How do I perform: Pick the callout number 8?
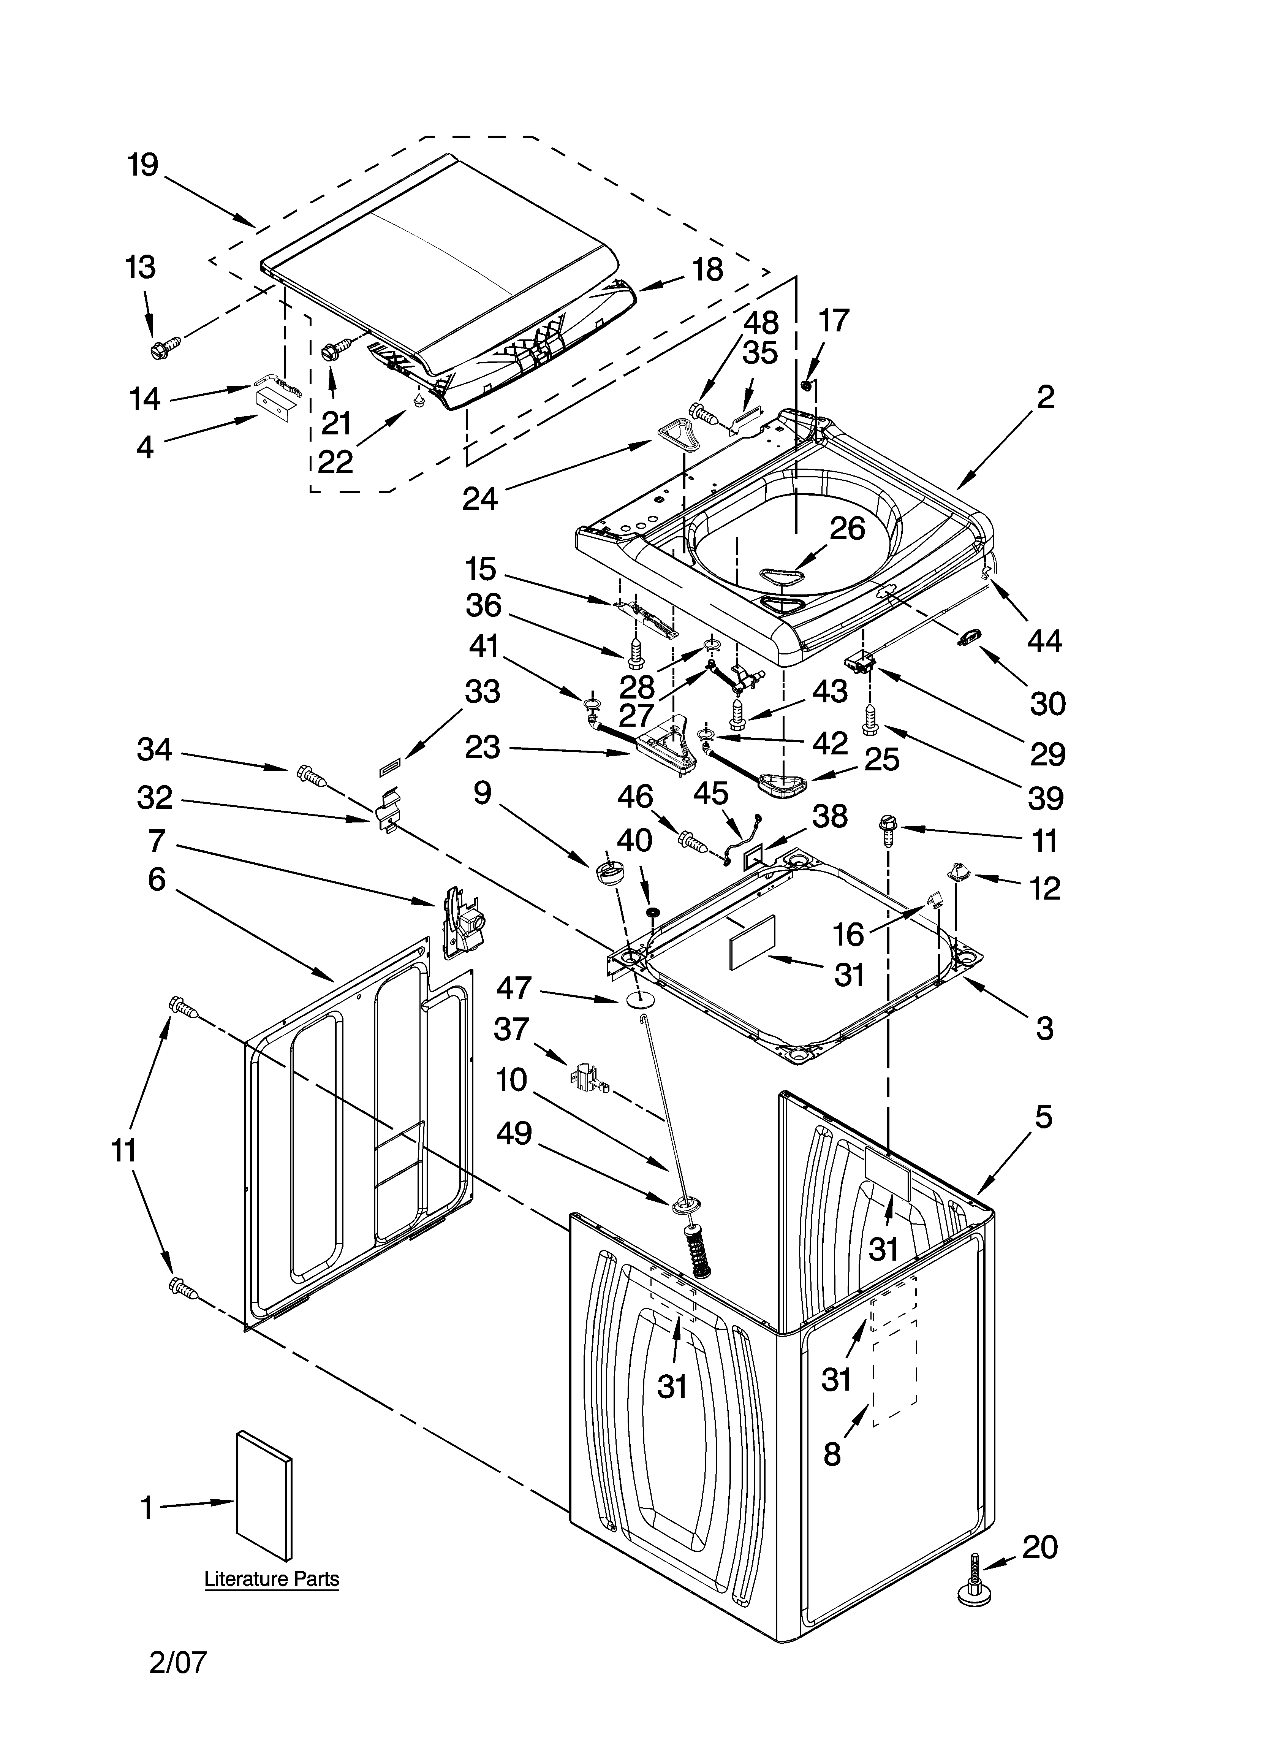coord(832,1455)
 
